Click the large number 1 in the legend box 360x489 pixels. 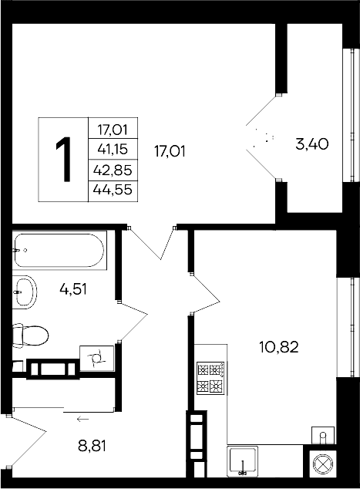click(x=64, y=159)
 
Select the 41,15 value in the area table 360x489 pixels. click(x=113, y=148)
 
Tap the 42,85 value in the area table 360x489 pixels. click(x=113, y=169)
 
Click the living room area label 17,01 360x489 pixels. click(x=170, y=151)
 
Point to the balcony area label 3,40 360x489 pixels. click(x=313, y=143)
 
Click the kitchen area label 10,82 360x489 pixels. click(x=279, y=346)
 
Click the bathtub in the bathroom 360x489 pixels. click(x=59, y=249)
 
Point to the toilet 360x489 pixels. click(x=30, y=336)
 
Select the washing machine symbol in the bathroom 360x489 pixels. click(x=97, y=358)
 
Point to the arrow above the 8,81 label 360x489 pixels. click(x=82, y=419)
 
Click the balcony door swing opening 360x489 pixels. click(x=262, y=140)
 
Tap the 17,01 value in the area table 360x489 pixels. click(x=113, y=129)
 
